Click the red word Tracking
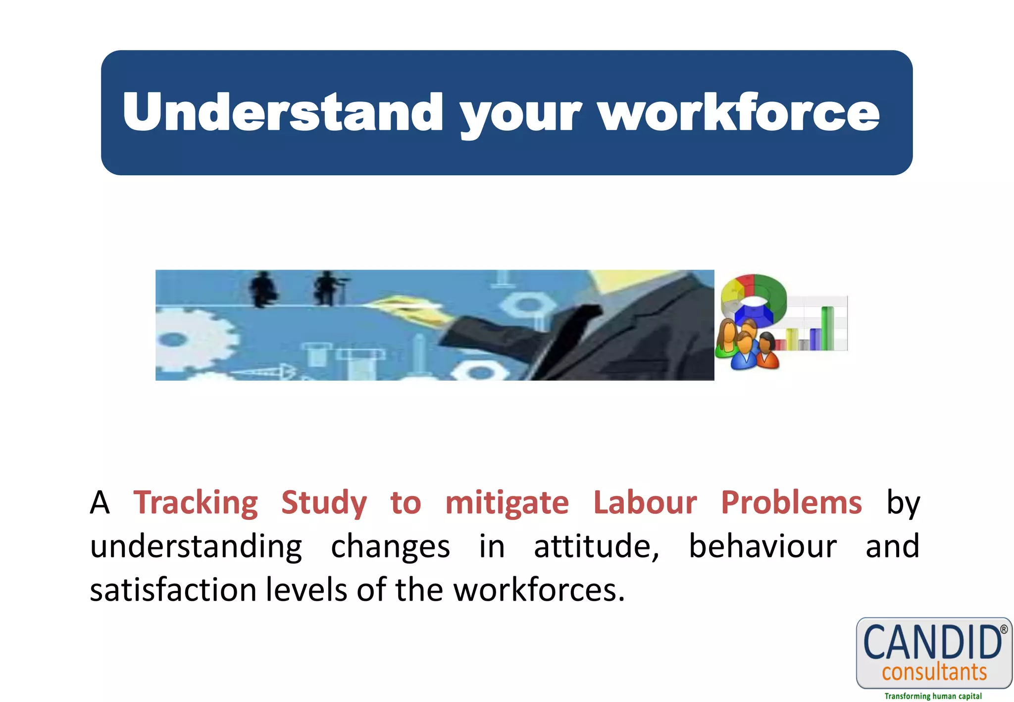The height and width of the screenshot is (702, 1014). coord(196,503)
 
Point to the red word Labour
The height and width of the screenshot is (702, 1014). coord(645,503)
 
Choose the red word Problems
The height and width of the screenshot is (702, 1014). coord(791,503)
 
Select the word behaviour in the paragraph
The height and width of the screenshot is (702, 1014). coord(762,547)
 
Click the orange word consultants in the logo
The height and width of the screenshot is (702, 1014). coord(934,672)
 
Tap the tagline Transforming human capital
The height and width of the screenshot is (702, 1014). coord(933,696)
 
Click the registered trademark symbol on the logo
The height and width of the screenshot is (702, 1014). coord(1004,629)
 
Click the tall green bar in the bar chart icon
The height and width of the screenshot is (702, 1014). coord(827,328)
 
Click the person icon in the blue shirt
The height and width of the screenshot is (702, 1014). coord(744,354)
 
